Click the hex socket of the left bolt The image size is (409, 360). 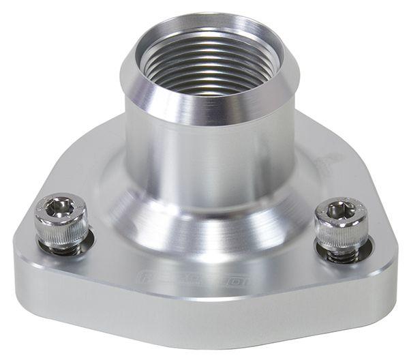[x=61, y=207]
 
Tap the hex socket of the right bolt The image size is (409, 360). [x=339, y=211]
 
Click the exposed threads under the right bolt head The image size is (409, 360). [x=341, y=256]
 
